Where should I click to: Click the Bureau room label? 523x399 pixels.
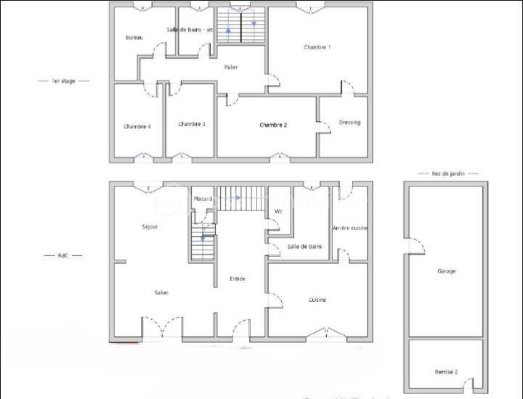134,38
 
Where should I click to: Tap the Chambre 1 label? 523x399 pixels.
317,47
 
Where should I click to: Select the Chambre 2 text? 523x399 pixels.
273,125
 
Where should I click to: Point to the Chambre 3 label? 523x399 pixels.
192,124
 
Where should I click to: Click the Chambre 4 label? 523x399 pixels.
137,126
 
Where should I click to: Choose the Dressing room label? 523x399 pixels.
349,123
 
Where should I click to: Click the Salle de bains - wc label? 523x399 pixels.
190,30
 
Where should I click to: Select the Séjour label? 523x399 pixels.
150,227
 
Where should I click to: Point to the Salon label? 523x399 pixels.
161,292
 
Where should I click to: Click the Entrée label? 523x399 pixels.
238,279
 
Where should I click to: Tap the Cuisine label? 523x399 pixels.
317,300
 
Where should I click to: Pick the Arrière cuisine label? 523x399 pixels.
350,228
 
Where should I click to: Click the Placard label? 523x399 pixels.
203,199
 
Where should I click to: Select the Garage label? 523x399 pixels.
447,271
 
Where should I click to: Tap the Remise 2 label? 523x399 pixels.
446,371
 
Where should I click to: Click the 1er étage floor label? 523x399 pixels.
63,81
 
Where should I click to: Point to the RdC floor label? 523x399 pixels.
63,255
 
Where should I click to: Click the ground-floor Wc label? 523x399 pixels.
278,212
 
